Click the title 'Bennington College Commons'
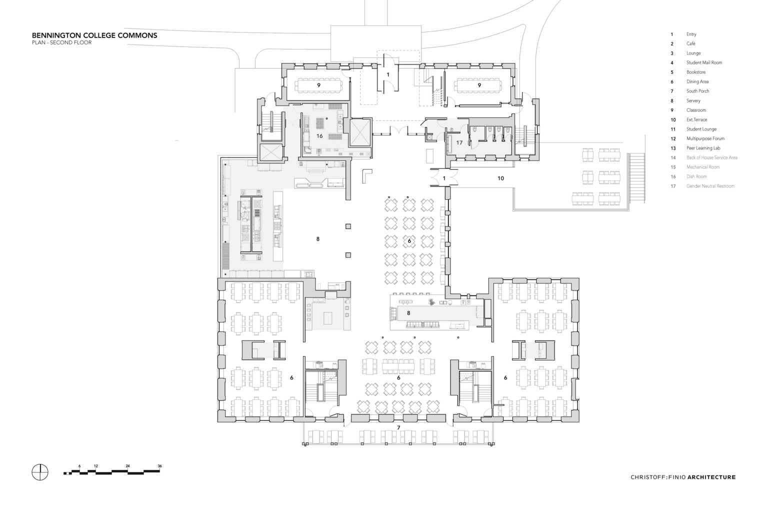coord(94,35)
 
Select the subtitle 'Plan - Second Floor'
coord(61,43)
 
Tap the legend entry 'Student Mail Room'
coord(704,63)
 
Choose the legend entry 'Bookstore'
coord(696,72)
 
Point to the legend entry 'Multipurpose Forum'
coord(705,138)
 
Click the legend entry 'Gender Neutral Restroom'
coord(710,186)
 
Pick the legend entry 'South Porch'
coord(697,91)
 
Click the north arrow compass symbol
coord(40,472)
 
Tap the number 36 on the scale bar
coord(160,466)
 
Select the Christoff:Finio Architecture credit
coord(683,477)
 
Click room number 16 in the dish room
coord(319,136)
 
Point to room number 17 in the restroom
coord(459,142)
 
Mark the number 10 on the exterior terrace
coord(500,178)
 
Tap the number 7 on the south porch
coord(398,428)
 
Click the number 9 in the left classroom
coord(318,85)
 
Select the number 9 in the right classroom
coord(479,85)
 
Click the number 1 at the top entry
coord(388,74)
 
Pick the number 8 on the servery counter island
coord(408,313)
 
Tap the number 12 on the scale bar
coord(95,466)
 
